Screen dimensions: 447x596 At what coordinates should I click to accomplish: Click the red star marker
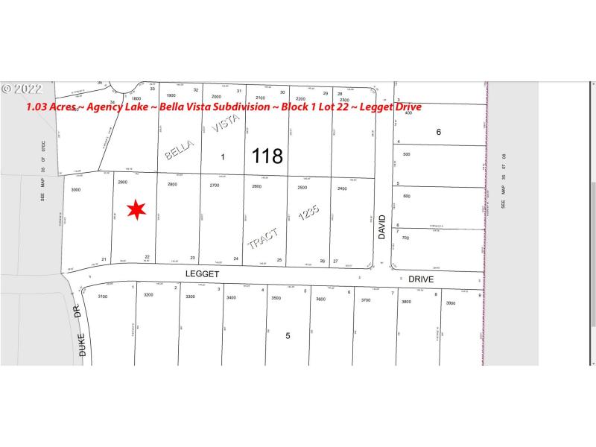[136, 211]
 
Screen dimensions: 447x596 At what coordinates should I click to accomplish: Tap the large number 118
[267, 156]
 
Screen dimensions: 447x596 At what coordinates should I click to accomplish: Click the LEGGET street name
[203, 274]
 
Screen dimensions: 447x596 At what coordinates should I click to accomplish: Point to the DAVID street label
[382, 227]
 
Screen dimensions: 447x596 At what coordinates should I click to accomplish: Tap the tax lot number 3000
[75, 191]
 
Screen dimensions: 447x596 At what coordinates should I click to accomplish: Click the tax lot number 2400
[342, 188]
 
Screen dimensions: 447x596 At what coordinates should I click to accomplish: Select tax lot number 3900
[450, 303]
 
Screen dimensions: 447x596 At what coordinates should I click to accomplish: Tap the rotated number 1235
[308, 214]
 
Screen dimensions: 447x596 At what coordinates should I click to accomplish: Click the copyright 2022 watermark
[22, 89]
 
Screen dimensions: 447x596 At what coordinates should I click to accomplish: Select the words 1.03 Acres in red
[51, 107]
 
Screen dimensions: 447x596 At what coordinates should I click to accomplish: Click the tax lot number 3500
[276, 298]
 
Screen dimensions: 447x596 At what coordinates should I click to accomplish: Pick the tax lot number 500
[406, 154]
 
